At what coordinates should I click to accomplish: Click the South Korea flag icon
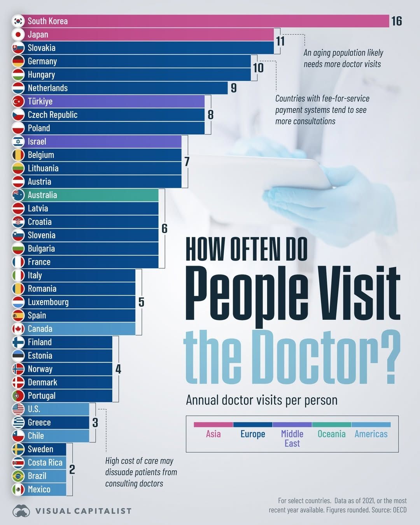18,21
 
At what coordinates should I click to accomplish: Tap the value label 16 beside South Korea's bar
396,21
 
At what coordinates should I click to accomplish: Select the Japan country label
38,35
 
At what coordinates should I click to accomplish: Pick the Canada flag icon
18,329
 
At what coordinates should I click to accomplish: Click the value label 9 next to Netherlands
233,88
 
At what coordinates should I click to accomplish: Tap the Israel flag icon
18,142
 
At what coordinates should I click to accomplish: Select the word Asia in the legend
213,434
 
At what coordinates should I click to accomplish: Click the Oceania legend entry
331,434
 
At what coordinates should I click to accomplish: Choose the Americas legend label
371,434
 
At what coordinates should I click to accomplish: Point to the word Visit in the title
360,294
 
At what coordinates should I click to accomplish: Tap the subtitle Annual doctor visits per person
261,400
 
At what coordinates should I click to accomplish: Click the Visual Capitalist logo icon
21,511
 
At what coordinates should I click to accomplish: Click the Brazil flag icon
18,476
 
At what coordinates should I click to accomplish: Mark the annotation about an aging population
343,58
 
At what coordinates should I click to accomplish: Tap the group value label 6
164,229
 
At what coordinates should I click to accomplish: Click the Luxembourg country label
48,302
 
